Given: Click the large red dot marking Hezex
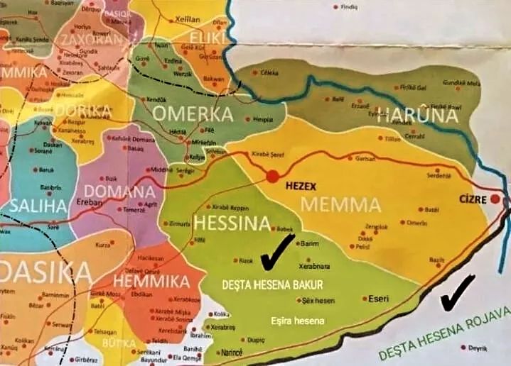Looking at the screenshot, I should point(272,177).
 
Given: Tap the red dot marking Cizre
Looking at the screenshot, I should point(495,199).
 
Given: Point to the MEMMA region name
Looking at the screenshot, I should point(341,206).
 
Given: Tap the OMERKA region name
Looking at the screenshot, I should point(193,114).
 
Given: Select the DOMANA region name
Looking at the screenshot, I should point(118,192).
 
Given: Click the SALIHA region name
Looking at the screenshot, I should point(38,206).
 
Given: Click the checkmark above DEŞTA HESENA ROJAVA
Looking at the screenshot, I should point(458,292).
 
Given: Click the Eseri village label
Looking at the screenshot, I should point(377,299).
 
